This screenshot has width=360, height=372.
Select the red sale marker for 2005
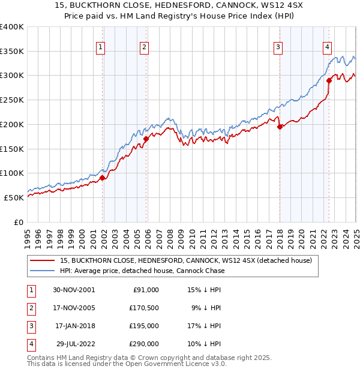click(x=146, y=139)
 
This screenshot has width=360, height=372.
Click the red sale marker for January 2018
click(x=280, y=127)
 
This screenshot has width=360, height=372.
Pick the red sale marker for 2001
click(x=103, y=178)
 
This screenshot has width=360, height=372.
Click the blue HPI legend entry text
click(x=142, y=271)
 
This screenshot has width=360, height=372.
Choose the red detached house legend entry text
click(x=185, y=260)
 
